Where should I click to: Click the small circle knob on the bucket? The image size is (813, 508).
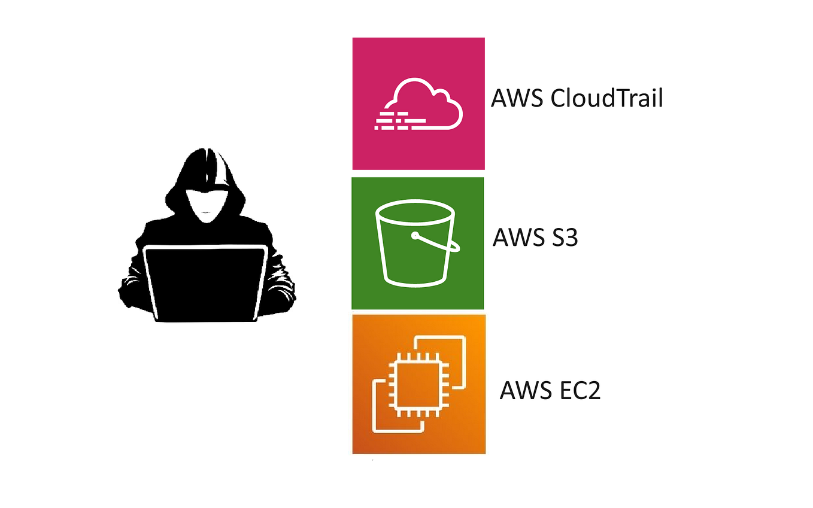pos(414,236)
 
